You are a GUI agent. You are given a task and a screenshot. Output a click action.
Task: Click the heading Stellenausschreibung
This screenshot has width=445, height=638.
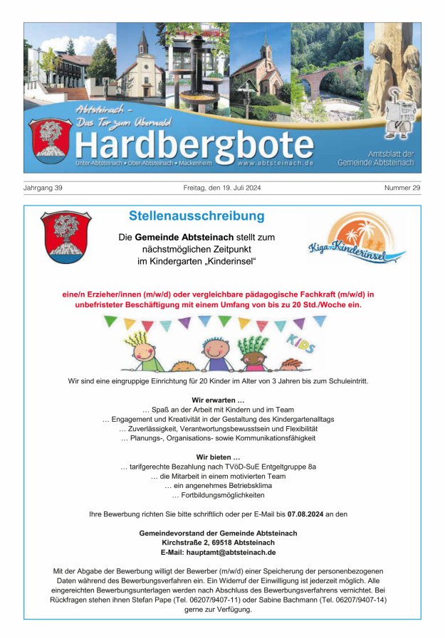197,216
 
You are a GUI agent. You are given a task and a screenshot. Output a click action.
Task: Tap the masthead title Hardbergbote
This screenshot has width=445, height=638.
194,146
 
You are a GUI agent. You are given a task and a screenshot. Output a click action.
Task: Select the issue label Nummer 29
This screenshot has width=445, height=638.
403,188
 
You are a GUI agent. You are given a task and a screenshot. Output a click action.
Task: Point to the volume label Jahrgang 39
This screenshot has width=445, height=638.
43,188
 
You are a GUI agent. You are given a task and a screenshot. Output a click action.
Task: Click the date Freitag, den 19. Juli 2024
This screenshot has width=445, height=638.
222,188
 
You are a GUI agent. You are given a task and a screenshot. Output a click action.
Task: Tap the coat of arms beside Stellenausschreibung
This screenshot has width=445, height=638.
65,237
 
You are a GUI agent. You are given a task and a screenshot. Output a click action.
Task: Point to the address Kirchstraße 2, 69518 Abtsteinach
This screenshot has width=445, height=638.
219,543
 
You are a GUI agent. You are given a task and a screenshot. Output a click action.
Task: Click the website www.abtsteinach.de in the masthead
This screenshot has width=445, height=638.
274,164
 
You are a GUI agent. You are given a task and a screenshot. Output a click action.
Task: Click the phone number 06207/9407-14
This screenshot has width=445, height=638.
356,600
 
